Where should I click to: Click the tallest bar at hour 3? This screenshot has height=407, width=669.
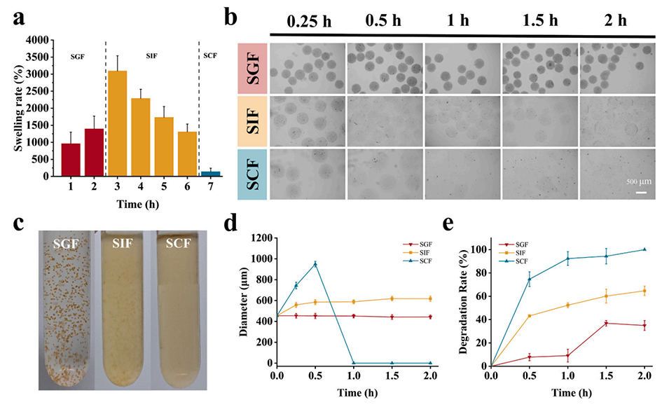tap(118, 123)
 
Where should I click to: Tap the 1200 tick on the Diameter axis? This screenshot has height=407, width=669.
tap(264, 238)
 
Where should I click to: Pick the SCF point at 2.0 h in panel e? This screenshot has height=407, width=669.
tap(644, 249)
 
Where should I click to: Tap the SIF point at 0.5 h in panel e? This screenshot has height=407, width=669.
tap(530, 316)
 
